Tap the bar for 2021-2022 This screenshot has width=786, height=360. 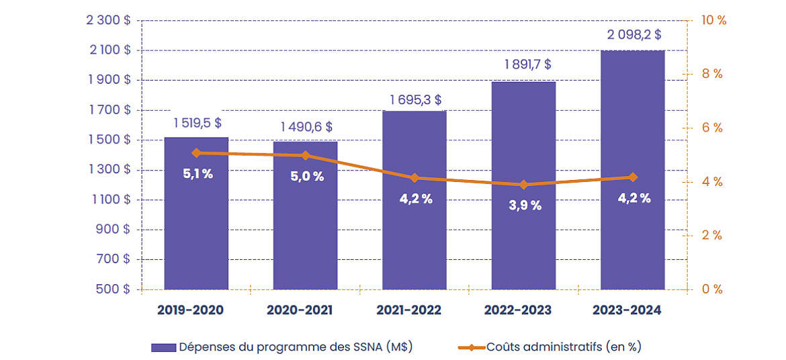414,228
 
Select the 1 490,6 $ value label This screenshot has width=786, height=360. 306,127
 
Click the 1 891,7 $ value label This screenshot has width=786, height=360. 524,64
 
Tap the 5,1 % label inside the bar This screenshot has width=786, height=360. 198,174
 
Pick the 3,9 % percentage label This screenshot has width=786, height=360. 524,206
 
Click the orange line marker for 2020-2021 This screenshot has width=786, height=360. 306,155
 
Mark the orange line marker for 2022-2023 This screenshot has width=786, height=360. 524,185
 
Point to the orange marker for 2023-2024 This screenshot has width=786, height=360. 633,177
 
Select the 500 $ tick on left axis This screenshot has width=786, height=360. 114,289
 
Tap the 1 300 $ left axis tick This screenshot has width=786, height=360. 109,170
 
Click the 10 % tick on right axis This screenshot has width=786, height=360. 713,20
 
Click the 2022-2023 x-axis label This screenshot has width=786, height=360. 523,310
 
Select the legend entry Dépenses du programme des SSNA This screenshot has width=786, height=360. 281,347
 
